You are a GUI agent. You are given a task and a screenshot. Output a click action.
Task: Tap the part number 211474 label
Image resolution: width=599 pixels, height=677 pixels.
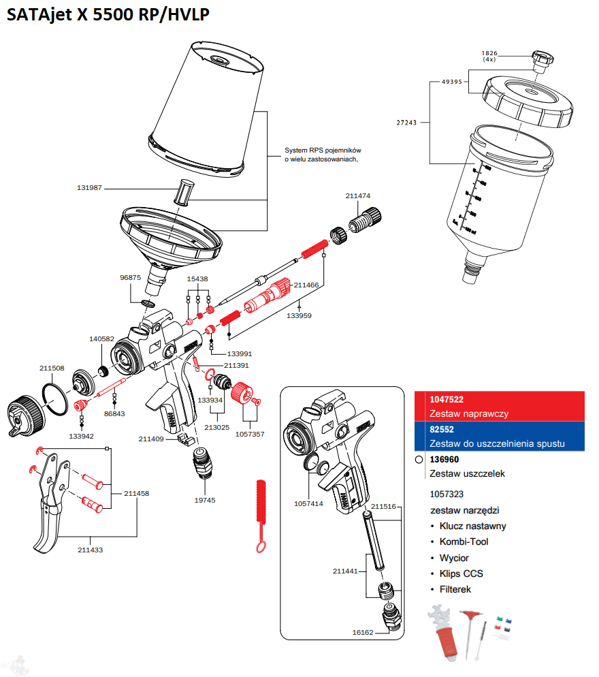tap(358, 196)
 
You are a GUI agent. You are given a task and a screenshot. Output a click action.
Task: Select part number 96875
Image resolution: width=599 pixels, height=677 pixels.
tap(130, 277)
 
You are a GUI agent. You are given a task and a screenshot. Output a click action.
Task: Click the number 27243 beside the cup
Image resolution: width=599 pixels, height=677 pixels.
tap(408, 123)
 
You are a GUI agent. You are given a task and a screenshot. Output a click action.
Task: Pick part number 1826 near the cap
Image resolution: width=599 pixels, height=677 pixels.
tap(490, 52)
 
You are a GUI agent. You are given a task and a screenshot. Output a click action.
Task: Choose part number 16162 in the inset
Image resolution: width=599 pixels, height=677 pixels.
tap(363, 632)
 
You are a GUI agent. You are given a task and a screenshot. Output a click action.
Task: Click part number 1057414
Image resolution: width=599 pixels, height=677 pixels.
tap(308, 504)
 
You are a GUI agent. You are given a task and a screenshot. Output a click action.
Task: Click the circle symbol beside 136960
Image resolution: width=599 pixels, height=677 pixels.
tap(419, 460)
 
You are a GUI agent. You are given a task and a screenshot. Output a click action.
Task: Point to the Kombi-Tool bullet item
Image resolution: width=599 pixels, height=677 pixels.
tap(464, 541)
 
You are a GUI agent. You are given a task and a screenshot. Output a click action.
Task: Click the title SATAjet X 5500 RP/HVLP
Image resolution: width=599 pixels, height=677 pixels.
tap(108, 15)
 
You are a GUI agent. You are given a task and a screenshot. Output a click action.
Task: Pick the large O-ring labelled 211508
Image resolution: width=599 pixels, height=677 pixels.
tap(53, 394)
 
